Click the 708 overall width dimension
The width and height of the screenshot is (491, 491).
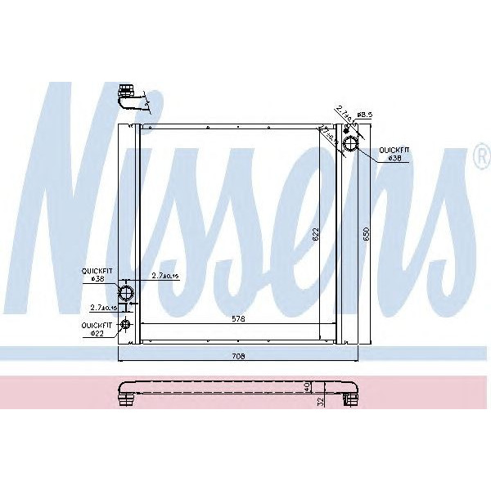tap(239, 356)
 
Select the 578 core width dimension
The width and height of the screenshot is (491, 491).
tap(239, 317)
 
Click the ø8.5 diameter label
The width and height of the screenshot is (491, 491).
tap(364, 115)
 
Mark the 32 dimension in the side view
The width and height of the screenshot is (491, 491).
tap(322, 400)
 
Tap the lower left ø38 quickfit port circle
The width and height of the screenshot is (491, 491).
tap(127, 292)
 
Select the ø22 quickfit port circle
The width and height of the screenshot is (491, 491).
tap(126, 326)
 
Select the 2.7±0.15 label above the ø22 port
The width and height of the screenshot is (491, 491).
tap(104, 309)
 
